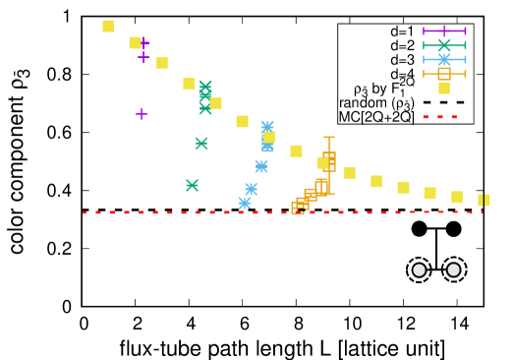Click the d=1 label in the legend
point(402,31)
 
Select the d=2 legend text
point(402,45)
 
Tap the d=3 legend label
point(402,60)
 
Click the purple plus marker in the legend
point(444,31)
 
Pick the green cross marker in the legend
point(444,45)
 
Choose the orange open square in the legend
point(444,74)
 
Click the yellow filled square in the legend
point(444,88)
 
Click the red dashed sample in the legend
point(444,116)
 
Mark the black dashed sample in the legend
point(444,102)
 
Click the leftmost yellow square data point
point(108,26)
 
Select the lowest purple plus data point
point(142,114)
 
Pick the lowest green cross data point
point(192,185)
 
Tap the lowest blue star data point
point(244,203)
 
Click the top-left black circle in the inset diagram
point(419,229)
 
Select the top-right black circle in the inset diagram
point(454,229)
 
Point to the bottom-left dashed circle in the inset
point(419,269)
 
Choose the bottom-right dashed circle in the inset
point(454,269)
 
